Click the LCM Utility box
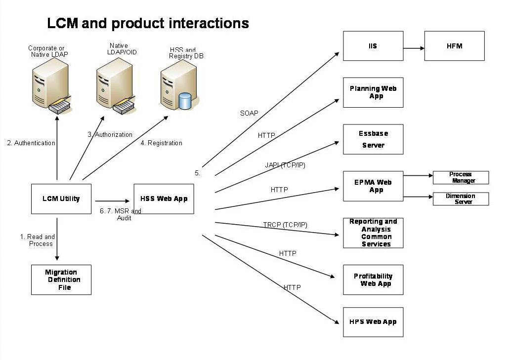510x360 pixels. coord(61,199)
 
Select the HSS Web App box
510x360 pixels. coord(164,199)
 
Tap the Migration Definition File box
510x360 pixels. coord(61,280)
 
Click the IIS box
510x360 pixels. coord(373,46)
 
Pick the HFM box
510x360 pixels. coord(454,46)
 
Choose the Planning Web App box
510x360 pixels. coord(373,92)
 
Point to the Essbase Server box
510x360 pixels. coord(373,139)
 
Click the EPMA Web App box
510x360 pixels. coord(373,186)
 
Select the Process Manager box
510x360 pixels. coord(461,177)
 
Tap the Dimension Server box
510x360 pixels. coord(461,199)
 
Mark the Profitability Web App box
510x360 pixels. coord(373,280)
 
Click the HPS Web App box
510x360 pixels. coord(373,322)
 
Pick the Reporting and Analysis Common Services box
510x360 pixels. coord(373,233)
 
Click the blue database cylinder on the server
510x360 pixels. coord(185,101)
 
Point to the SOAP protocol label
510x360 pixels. coord(249,113)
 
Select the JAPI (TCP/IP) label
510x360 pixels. coord(285,165)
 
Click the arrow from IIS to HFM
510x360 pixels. coord(414,48)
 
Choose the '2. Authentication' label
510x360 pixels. coord(31,143)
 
